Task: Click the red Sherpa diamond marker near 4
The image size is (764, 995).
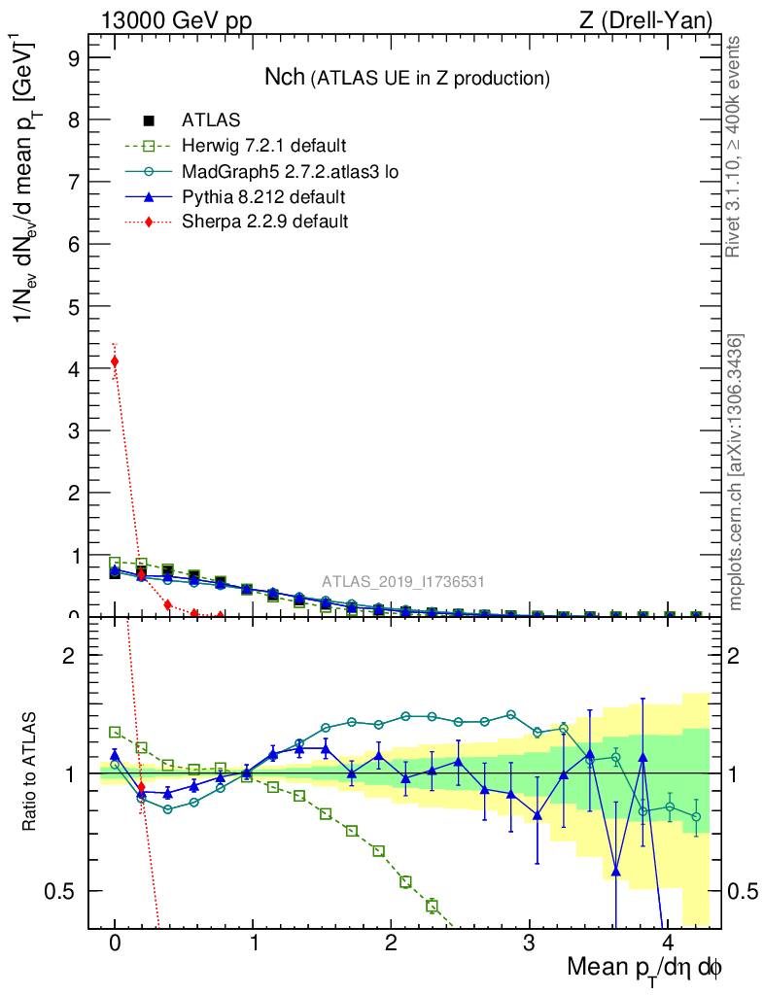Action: [x=115, y=361]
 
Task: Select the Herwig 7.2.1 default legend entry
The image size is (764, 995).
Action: [x=263, y=147]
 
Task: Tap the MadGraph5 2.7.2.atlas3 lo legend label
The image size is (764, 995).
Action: [x=290, y=172]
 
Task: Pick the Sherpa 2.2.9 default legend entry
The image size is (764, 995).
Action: [x=265, y=223]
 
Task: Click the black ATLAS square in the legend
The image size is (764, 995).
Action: [x=149, y=121]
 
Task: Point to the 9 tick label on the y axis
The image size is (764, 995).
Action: [x=73, y=57]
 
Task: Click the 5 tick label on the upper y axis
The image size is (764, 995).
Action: [x=73, y=306]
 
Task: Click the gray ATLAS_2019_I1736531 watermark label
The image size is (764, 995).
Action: [x=403, y=582]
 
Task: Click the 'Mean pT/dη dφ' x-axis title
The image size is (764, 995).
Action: [x=644, y=968]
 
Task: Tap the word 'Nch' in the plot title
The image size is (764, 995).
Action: [x=285, y=77]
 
